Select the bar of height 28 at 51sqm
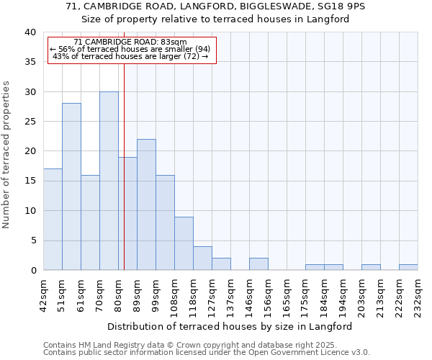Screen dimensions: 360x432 pyautogui.click(x=71, y=186)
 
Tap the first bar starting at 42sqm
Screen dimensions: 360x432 pyautogui.click(x=53, y=220)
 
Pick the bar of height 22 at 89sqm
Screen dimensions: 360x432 pyautogui.click(x=146, y=204)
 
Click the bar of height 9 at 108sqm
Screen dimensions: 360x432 pyautogui.click(x=184, y=243)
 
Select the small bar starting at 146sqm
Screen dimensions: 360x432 pyautogui.click(x=258, y=264)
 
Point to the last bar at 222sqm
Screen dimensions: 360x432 pyautogui.click(x=408, y=267)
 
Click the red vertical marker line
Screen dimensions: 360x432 pyautogui.click(x=124, y=180)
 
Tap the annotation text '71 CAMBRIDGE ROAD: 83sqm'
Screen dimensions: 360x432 pyautogui.click(x=130, y=42)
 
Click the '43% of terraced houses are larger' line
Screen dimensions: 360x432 pyautogui.click(x=130, y=56)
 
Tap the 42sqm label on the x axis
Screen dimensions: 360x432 pyautogui.click(x=44, y=294)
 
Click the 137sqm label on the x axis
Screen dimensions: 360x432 pyautogui.click(x=231, y=294)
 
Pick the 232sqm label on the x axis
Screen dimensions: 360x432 pyautogui.click(x=418, y=294)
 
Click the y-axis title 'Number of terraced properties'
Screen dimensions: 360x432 pyautogui.click(x=6, y=155)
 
